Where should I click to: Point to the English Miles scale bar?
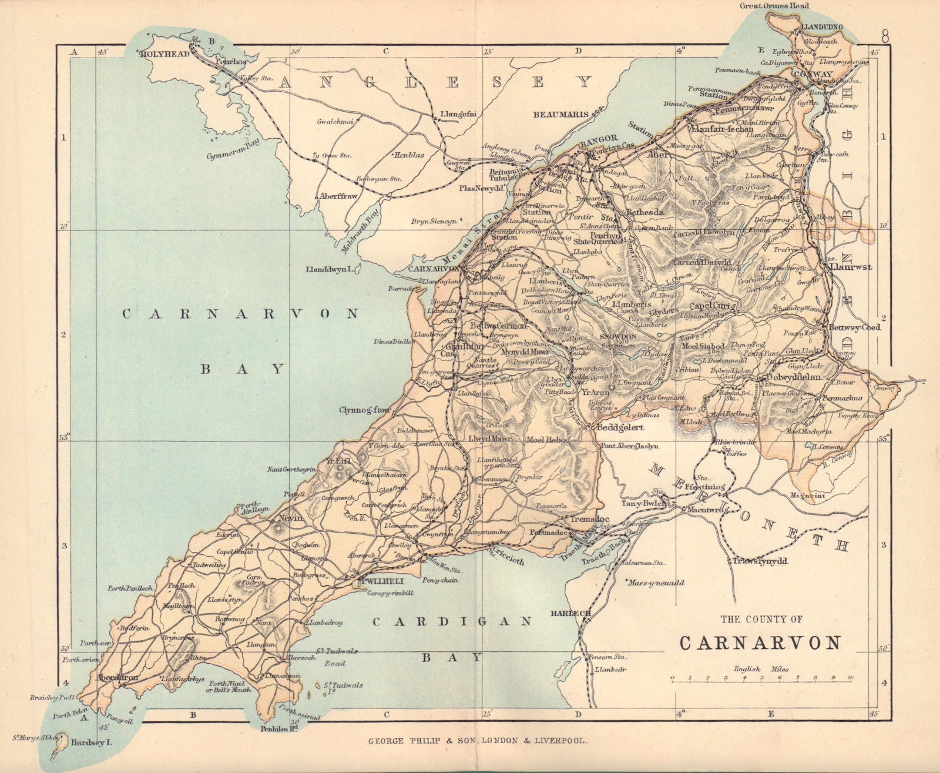tap(761, 679)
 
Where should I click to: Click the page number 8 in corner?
tap(885, 35)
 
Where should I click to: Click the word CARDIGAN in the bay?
tap(452, 621)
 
